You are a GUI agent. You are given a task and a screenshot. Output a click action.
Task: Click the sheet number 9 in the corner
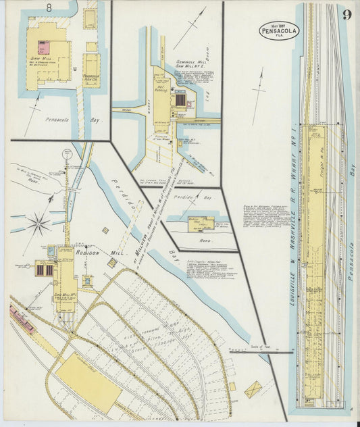(346, 15)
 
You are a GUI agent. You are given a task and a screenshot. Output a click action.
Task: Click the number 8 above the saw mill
(49, 8)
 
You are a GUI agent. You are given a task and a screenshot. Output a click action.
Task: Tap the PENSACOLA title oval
(278, 30)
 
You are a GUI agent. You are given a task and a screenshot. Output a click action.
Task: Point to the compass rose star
(38, 223)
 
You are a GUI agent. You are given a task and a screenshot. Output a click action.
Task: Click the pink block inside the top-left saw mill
(43, 47)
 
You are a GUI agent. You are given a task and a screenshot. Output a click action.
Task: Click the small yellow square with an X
(253, 389)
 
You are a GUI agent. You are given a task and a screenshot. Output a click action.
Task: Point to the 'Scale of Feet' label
(259, 347)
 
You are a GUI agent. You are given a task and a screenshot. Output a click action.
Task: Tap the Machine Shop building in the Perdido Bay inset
(200, 222)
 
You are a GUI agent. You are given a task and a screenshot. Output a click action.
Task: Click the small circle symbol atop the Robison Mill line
(67, 154)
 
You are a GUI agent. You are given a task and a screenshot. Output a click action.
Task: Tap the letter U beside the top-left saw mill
(78, 68)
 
